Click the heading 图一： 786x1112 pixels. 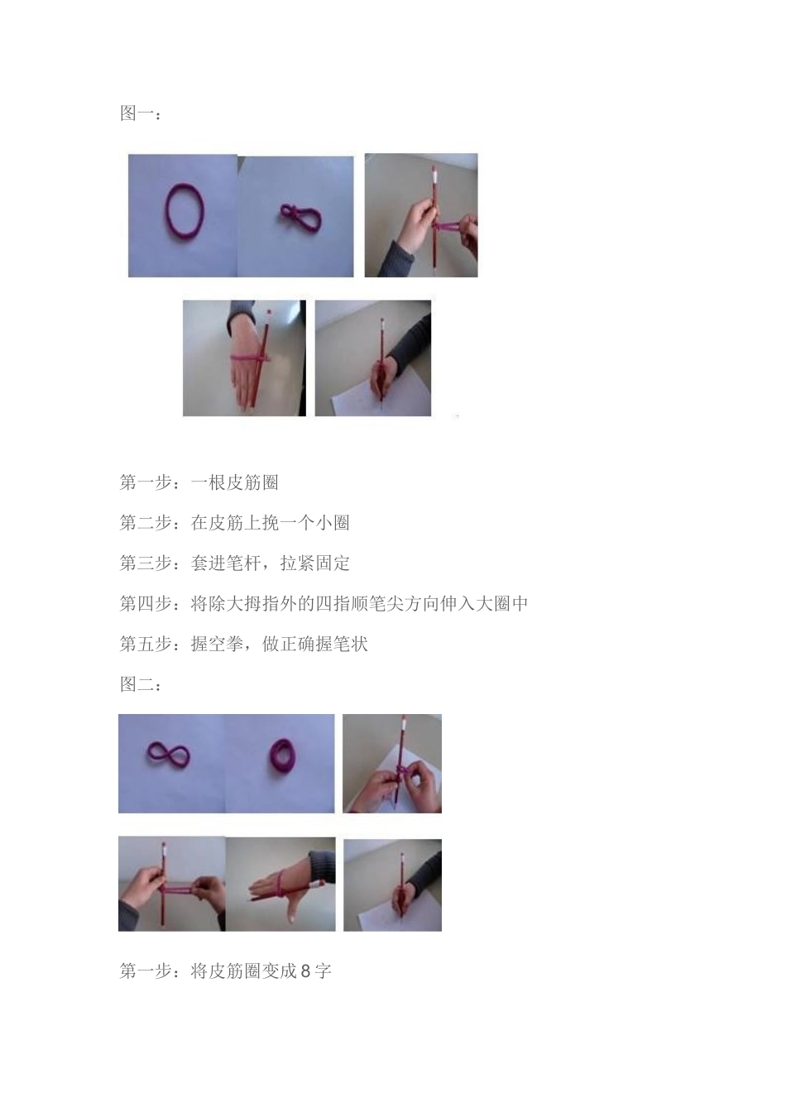click(x=141, y=113)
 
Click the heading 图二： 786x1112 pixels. click(x=141, y=684)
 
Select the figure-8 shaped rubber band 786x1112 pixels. click(x=168, y=755)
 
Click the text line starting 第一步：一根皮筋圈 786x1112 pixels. click(x=199, y=482)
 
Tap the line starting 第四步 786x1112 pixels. click(x=324, y=603)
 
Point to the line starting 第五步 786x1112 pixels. click(x=243, y=644)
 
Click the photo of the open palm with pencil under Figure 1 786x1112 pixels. click(x=244, y=358)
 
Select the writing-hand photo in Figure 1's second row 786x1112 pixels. click(x=373, y=358)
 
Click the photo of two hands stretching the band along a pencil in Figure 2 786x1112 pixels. click(x=171, y=884)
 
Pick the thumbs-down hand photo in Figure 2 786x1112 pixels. click(x=281, y=884)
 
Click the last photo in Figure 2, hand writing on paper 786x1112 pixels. click(x=392, y=884)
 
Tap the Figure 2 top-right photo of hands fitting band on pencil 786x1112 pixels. click(x=392, y=764)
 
